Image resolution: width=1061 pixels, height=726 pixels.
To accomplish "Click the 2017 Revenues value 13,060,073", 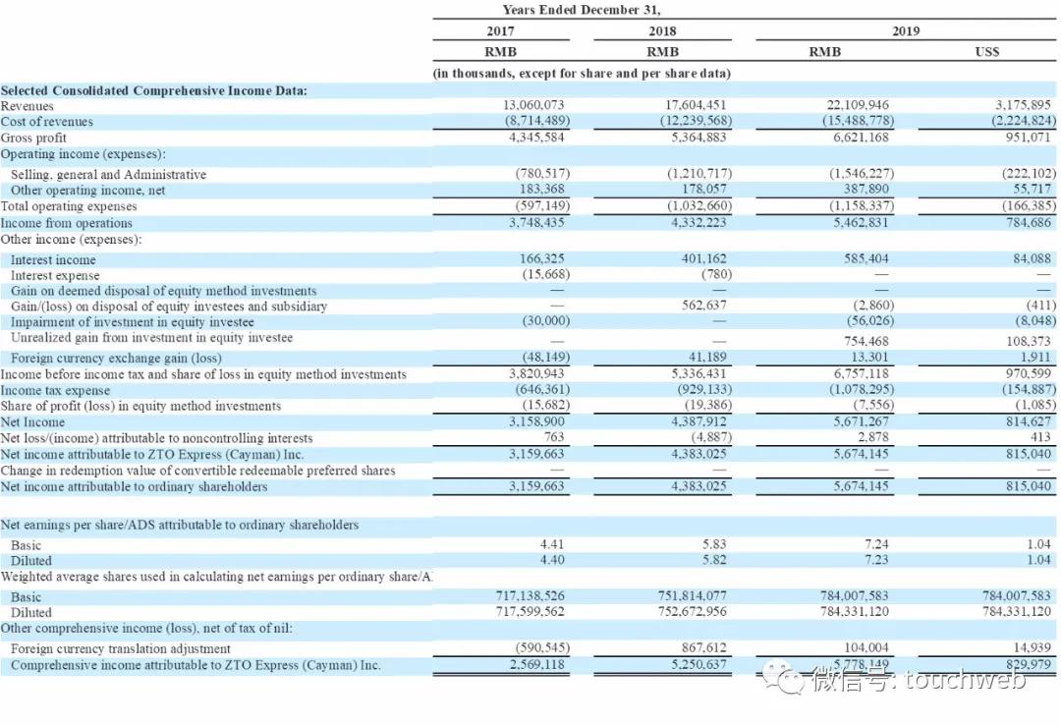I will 536,105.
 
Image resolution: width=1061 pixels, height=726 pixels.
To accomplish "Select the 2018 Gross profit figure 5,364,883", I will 698,138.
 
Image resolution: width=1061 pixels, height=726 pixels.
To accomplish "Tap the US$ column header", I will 987,52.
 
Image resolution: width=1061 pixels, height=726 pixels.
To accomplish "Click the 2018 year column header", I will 663,31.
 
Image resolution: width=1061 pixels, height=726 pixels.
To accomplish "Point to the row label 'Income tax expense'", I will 56,390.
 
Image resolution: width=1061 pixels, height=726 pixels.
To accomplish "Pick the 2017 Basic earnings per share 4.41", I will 553,543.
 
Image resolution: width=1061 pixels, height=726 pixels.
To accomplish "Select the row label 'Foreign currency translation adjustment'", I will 121,648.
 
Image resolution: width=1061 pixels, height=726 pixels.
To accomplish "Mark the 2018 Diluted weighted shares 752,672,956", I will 694,612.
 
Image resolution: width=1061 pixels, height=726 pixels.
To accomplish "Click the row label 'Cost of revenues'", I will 47,122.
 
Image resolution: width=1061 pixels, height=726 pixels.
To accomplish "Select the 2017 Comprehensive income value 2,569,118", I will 536,665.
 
